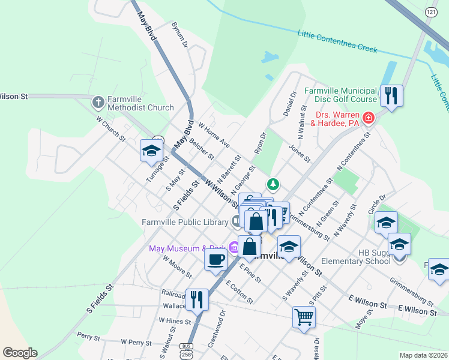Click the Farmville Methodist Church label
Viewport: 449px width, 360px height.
140,103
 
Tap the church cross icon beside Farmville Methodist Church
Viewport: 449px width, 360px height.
98,103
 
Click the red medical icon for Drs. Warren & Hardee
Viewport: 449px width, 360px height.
367,118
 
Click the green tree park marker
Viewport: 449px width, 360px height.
273,183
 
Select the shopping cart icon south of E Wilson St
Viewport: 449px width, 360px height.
304,316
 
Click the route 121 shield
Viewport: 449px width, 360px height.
430,12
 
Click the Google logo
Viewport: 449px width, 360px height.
20,352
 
